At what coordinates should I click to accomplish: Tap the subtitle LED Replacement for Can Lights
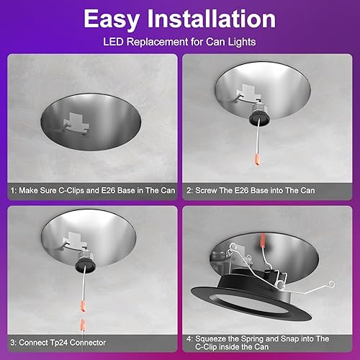[180, 41]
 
